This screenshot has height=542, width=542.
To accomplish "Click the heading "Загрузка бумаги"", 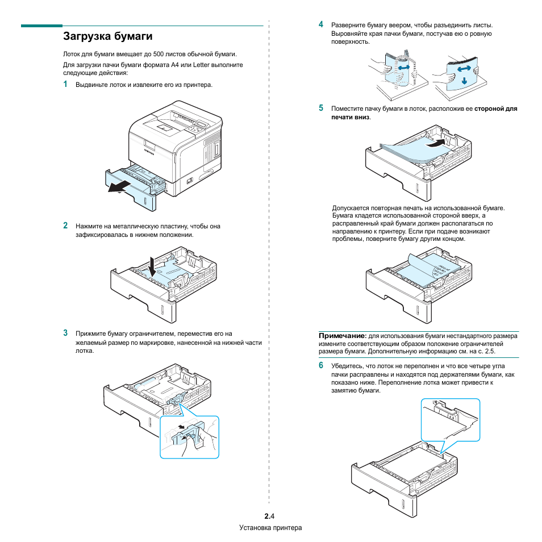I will [x=108, y=37].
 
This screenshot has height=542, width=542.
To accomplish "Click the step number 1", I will [x=65, y=84].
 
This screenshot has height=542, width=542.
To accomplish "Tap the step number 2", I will [x=65, y=225].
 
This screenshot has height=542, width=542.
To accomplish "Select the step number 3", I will [x=65, y=333].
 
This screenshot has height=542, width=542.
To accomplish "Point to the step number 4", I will [x=321, y=24].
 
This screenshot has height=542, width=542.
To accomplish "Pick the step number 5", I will [x=321, y=107].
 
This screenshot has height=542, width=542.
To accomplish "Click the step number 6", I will [x=321, y=365].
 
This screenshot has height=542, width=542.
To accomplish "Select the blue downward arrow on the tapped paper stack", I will [x=464, y=79].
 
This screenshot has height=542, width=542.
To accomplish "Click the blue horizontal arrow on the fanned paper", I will [x=403, y=68].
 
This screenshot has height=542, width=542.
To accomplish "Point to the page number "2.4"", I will [x=269, y=516].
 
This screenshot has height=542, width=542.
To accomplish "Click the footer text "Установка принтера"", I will [x=270, y=528].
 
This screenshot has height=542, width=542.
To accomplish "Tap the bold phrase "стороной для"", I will [x=496, y=108].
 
